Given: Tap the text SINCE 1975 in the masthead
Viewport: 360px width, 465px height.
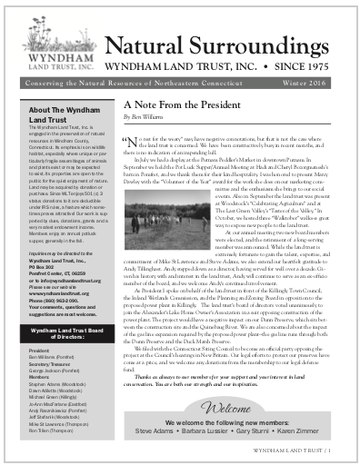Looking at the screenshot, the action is [305, 69].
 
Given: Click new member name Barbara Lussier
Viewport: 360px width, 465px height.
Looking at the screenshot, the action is [212, 431].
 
